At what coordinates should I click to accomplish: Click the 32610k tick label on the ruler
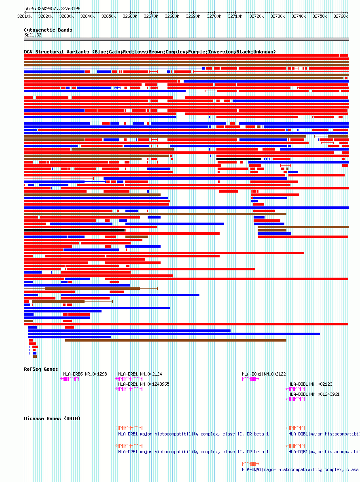[24, 16]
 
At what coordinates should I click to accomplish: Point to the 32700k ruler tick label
[214, 16]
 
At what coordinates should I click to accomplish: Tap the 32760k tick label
[341, 16]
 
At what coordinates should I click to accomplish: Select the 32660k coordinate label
[130, 16]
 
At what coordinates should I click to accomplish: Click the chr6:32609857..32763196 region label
[52, 8]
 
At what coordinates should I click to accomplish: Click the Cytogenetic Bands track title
[48, 30]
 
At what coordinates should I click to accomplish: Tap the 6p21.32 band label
[33, 35]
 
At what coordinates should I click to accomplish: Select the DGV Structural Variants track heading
[150, 52]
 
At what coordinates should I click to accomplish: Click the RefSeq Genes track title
[41, 369]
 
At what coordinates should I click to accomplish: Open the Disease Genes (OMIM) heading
[52, 418]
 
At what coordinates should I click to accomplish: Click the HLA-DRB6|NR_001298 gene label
[85, 374]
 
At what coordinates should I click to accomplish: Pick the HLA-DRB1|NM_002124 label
[140, 374]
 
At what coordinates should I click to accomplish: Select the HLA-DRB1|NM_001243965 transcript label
[144, 384]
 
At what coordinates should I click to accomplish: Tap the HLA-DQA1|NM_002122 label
[264, 374]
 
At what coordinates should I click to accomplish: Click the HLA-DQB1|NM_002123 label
[310, 384]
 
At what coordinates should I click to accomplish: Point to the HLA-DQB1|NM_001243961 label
[314, 394]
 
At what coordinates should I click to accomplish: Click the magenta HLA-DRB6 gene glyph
[70, 379]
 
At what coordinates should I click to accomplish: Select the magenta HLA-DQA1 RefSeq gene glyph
[251, 379]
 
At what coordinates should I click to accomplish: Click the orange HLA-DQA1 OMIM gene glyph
[251, 463]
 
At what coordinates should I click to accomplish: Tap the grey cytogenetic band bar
[186, 39]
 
